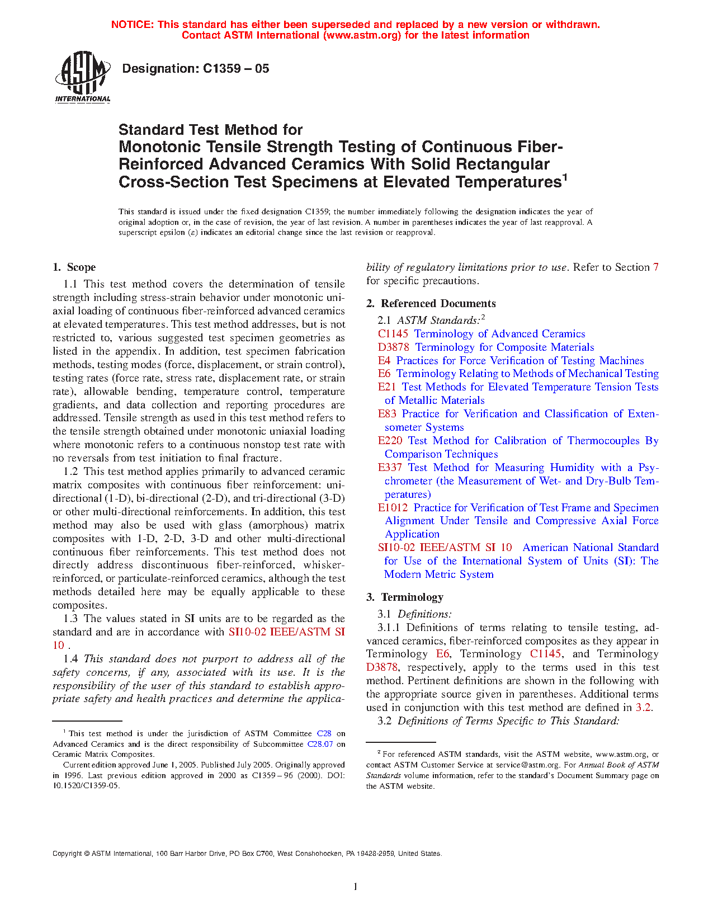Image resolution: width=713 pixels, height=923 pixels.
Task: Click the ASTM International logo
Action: (x=83, y=77)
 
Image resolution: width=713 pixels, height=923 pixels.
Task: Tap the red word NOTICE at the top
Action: (x=132, y=25)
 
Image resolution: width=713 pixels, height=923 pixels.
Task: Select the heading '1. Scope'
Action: (x=74, y=267)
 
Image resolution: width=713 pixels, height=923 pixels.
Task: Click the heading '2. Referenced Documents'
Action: (x=431, y=304)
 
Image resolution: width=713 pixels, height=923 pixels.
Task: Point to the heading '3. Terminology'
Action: (x=405, y=597)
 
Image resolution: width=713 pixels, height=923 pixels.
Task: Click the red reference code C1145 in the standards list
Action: (x=393, y=334)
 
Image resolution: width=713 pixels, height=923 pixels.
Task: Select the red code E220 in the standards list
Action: (x=390, y=441)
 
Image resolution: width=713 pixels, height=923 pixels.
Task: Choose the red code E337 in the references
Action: (x=390, y=468)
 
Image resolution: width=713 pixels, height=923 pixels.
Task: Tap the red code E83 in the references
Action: (x=387, y=414)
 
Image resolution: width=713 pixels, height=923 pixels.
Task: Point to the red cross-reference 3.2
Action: (x=643, y=708)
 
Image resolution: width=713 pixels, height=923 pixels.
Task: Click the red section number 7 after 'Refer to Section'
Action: (x=655, y=267)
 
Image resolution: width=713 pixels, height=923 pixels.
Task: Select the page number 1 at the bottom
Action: (x=356, y=887)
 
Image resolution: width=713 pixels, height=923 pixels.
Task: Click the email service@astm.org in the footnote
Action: (x=527, y=765)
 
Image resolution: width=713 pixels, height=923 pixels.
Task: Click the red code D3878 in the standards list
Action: (x=394, y=347)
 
